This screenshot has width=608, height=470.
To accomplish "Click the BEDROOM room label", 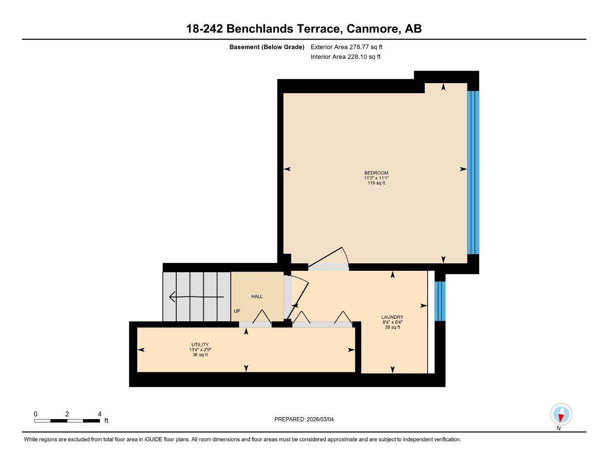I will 376,173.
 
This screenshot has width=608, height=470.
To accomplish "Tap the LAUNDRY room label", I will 392,317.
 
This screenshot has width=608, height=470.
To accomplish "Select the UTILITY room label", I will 200,345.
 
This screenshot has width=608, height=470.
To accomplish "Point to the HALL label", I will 257,297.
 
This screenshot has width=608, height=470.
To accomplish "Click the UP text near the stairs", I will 237,311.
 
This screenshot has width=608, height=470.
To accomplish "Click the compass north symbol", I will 561,415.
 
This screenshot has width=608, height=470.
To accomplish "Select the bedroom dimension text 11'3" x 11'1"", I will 376,178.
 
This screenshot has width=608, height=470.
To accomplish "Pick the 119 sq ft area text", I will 376,183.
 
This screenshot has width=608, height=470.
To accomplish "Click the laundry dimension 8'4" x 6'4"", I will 392,322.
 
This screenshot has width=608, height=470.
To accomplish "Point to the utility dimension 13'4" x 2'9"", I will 200,350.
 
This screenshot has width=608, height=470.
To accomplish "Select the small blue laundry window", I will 440,301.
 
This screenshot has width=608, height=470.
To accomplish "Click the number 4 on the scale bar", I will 100,414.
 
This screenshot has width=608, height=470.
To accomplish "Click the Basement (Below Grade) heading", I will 267,47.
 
